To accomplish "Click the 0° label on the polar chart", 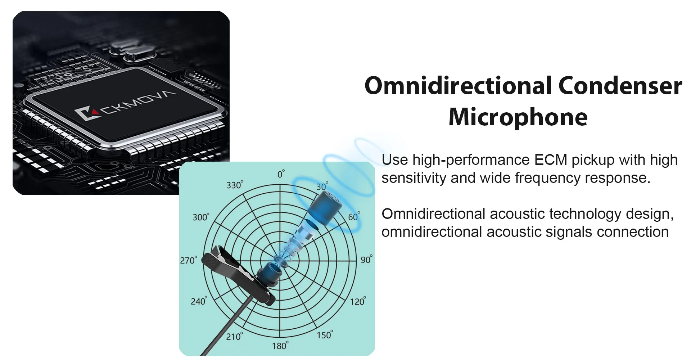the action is (x=281, y=174).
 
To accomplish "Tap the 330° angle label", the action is (x=235, y=185).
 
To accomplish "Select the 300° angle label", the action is (x=201, y=217).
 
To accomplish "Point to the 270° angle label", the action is (x=189, y=260).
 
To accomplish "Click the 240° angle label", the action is (x=199, y=301).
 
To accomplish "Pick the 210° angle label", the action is (x=234, y=336).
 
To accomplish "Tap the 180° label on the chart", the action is (x=280, y=346).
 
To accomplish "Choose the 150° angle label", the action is (x=325, y=335).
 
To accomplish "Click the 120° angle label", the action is (x=358, y=301).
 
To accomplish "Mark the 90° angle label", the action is (x=366, y=259).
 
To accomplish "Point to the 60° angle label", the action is (x=354, y=217).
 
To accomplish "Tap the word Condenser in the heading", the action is (x=620, y=86).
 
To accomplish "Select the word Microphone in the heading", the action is (x=518, y=117).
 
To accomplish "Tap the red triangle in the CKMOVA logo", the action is (x=95, y=112).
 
